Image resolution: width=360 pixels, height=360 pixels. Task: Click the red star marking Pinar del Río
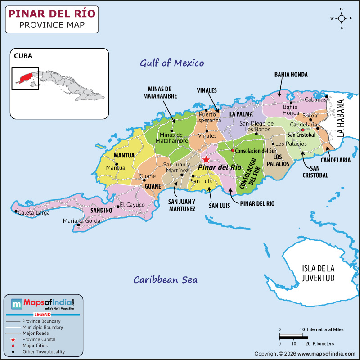click(206, 159)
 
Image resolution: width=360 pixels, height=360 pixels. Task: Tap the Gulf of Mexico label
click(172, 63)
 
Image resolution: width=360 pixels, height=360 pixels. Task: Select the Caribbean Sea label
click(165, 279)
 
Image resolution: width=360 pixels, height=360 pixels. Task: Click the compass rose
click(342, 18)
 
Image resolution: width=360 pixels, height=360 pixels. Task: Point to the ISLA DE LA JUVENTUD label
click(318, 273)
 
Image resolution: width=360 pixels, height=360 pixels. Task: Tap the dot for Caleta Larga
click(16, 211)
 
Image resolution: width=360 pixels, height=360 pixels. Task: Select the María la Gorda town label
click(82, 220)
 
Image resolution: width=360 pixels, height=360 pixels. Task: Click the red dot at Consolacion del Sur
click(233, 150)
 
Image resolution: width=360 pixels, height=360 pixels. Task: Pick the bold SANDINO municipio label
click(101, 210)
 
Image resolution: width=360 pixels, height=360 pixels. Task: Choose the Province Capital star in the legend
click(13, 339)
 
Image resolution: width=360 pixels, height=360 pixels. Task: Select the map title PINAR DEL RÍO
click(52, 13)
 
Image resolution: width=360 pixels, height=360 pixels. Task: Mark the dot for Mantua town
click(116, 164)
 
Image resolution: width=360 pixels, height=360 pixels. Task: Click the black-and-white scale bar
click(293, 336)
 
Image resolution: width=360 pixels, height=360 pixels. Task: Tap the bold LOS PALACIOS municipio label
click(278, 160)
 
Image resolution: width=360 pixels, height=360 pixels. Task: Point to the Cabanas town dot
click(327, 96)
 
